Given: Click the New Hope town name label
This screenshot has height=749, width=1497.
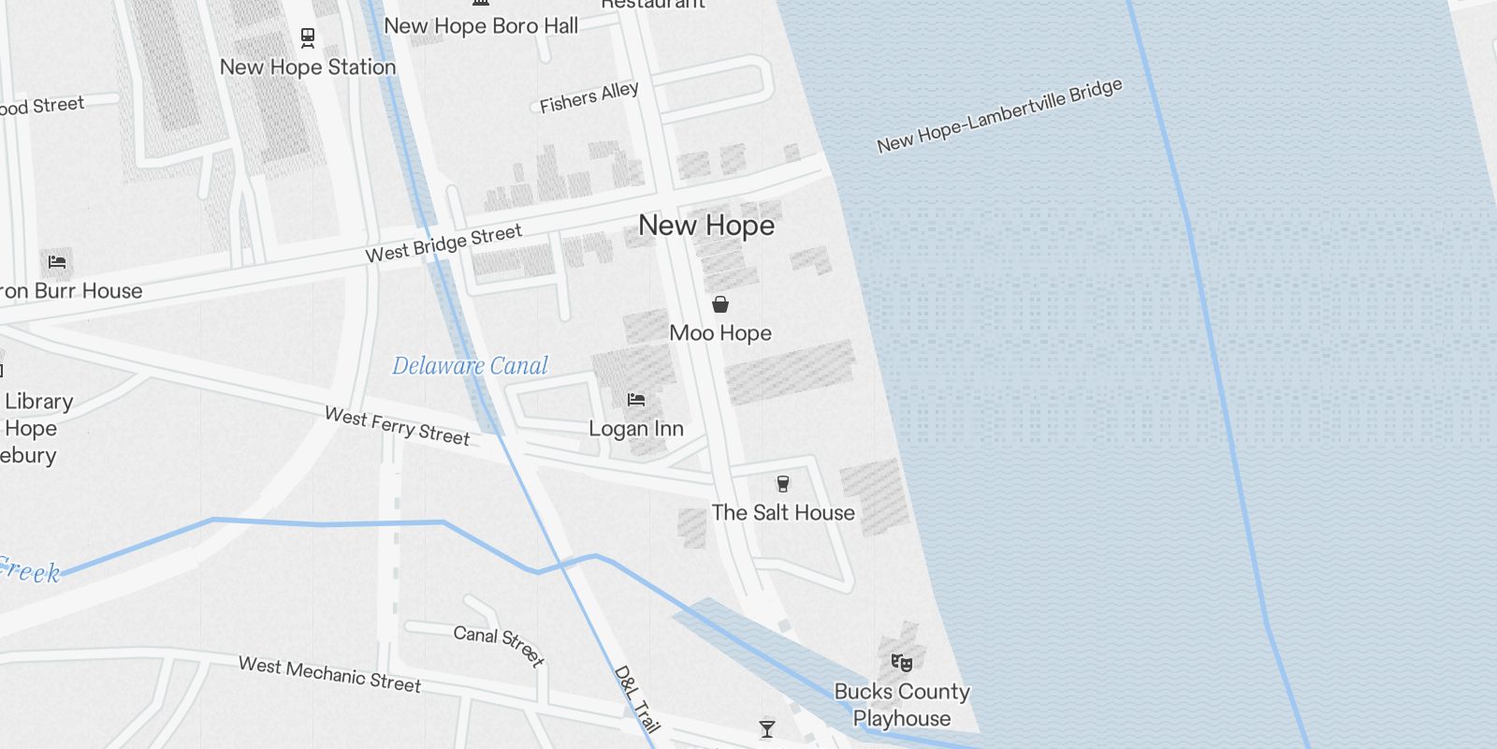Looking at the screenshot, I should [x=706, y=226].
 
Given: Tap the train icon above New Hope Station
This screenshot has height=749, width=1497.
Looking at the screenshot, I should [x=307, y=37].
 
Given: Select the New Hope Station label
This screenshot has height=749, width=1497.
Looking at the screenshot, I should [x=308, y=67].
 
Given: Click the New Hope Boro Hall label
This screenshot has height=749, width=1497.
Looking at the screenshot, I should [x=481, y=26].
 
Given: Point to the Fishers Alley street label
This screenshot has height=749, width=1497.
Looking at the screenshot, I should [x=589, y=97].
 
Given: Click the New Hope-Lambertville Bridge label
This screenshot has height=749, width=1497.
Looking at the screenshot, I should [x=999, y=116].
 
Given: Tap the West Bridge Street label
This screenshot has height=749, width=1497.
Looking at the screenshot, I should [x=443, y=243].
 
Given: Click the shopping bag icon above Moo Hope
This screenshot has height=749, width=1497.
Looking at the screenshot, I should [x=720, y=304].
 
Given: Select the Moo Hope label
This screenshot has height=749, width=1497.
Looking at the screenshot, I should [x=720, y=333].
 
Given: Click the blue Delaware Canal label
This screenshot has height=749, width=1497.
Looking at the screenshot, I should [x=470, y=366].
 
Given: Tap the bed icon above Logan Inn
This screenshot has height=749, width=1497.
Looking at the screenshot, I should [x=636, y=400].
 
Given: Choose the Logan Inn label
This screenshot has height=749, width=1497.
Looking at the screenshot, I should [x=636, y=429].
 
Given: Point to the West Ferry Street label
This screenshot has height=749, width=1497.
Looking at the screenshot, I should [x=397, y=426].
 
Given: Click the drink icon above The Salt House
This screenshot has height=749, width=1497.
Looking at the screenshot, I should [x=783, y=484].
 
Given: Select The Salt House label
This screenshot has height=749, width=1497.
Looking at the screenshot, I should [x=783, y=513].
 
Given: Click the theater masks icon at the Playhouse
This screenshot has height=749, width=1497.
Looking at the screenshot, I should [x=901, y=663].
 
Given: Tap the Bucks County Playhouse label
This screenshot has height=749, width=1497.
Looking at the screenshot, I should [x=902, y=705].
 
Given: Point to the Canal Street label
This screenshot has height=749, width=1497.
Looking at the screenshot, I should [x=499, y=645].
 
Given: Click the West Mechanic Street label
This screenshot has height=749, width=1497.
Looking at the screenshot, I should [x=329, y=674].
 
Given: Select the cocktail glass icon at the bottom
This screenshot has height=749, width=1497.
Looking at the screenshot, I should [x=767, y=729].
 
